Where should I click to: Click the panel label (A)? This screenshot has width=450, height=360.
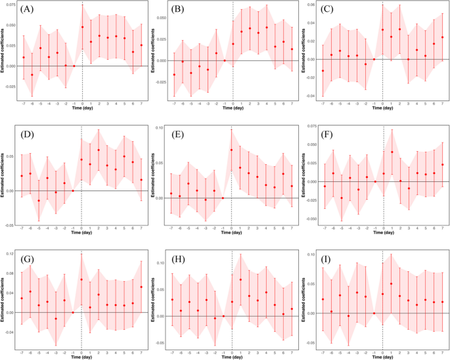[28, 10]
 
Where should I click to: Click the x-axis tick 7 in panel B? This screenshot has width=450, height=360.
[292, 104]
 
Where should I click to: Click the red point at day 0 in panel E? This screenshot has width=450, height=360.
[232, 150]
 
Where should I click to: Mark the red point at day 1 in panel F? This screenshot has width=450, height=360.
[392, 152]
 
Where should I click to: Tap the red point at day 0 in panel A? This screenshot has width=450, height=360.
[82, 27]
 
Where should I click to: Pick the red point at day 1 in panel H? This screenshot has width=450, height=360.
[240, 280]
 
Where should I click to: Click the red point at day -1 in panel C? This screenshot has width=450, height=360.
[374, 59]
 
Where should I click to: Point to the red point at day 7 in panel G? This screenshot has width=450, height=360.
[141, 286]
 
